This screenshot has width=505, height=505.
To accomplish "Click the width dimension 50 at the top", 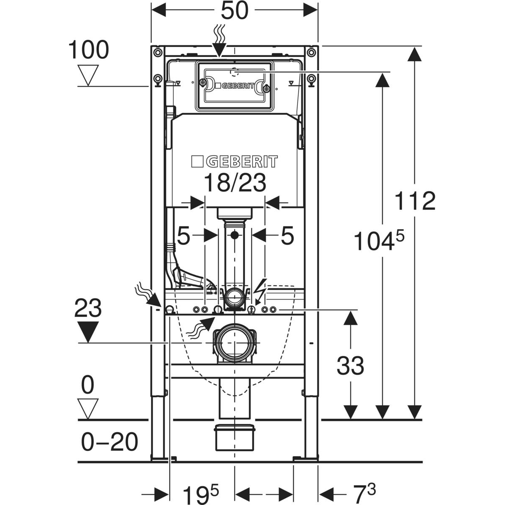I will click(234, 11).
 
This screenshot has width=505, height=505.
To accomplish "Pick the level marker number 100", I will click(88, 50).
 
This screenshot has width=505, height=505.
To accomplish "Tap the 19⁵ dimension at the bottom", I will click(201, 491).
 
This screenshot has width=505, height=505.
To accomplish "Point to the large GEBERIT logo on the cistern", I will click(234, 162).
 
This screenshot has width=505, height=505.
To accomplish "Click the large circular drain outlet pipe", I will click(234, 341).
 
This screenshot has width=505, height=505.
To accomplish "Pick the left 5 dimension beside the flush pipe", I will click(183, 236).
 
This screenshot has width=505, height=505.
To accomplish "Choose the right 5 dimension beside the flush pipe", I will click(287, 236).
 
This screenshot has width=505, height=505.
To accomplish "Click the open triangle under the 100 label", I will click(88, 75).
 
